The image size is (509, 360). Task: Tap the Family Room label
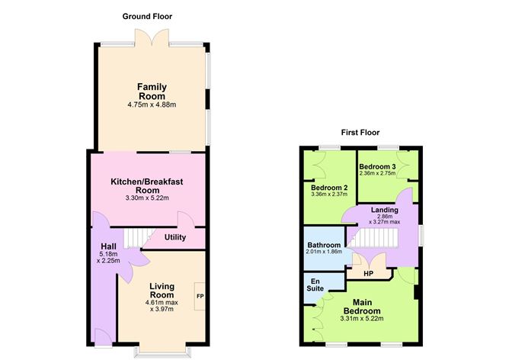152,92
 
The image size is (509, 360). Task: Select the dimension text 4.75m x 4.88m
152,104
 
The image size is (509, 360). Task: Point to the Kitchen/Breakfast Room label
146,185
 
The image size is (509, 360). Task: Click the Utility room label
175,237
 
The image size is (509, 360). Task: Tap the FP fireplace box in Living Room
200,296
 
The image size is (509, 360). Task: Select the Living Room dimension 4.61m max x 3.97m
162,305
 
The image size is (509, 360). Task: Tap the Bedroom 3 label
378,166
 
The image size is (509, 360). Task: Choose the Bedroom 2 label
330,187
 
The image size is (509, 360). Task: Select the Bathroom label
324,245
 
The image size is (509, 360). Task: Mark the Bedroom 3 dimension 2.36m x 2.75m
378,174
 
